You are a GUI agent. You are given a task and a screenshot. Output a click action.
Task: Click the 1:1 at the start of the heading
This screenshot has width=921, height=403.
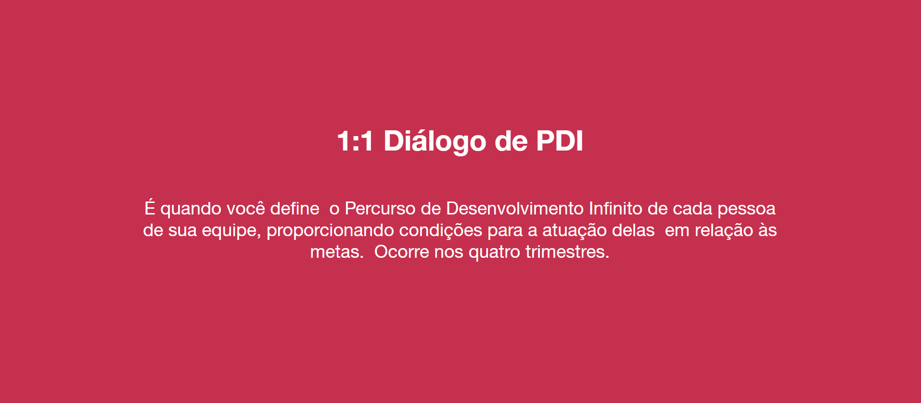coord(355,141)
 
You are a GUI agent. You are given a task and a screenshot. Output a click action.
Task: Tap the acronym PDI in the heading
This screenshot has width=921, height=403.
coord(560,141)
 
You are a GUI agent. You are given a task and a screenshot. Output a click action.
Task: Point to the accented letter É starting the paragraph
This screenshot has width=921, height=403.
coord(150,207)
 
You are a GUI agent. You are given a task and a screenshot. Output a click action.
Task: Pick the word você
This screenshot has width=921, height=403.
coord(245,209)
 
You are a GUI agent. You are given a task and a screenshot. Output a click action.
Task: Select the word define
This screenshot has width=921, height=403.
coord(294,208)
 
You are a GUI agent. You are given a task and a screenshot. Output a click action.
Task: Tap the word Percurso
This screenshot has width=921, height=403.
coord(380,209)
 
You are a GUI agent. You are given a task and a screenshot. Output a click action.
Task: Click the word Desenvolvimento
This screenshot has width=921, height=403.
coord(515,208)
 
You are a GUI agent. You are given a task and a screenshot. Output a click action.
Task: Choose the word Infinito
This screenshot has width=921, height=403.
coord(615,208)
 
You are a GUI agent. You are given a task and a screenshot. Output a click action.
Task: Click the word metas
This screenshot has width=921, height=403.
coord(336,252)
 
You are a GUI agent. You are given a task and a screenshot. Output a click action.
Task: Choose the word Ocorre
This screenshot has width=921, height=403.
coord(401,252)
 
